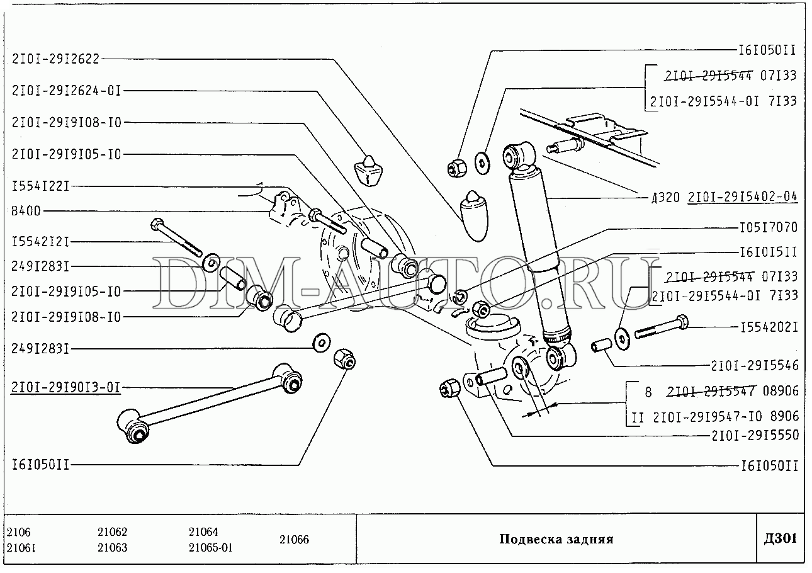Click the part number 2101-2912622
(x=55, y=59)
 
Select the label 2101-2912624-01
(x=66, y=90)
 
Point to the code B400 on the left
(x=26, y=211)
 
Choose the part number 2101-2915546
(x=754, y=365)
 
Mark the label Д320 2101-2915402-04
(x=723, y=196)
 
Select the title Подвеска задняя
(x=556, y=539)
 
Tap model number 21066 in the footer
(x=294, y=540)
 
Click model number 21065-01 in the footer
(x=210, y=547)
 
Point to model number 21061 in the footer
(x=20, y=547)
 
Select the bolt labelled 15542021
(x=661, y=327)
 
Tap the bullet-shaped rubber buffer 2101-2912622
(x=475, y=214)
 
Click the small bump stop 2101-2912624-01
(x=369, y=168)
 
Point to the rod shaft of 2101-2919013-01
(x=208, y=397)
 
